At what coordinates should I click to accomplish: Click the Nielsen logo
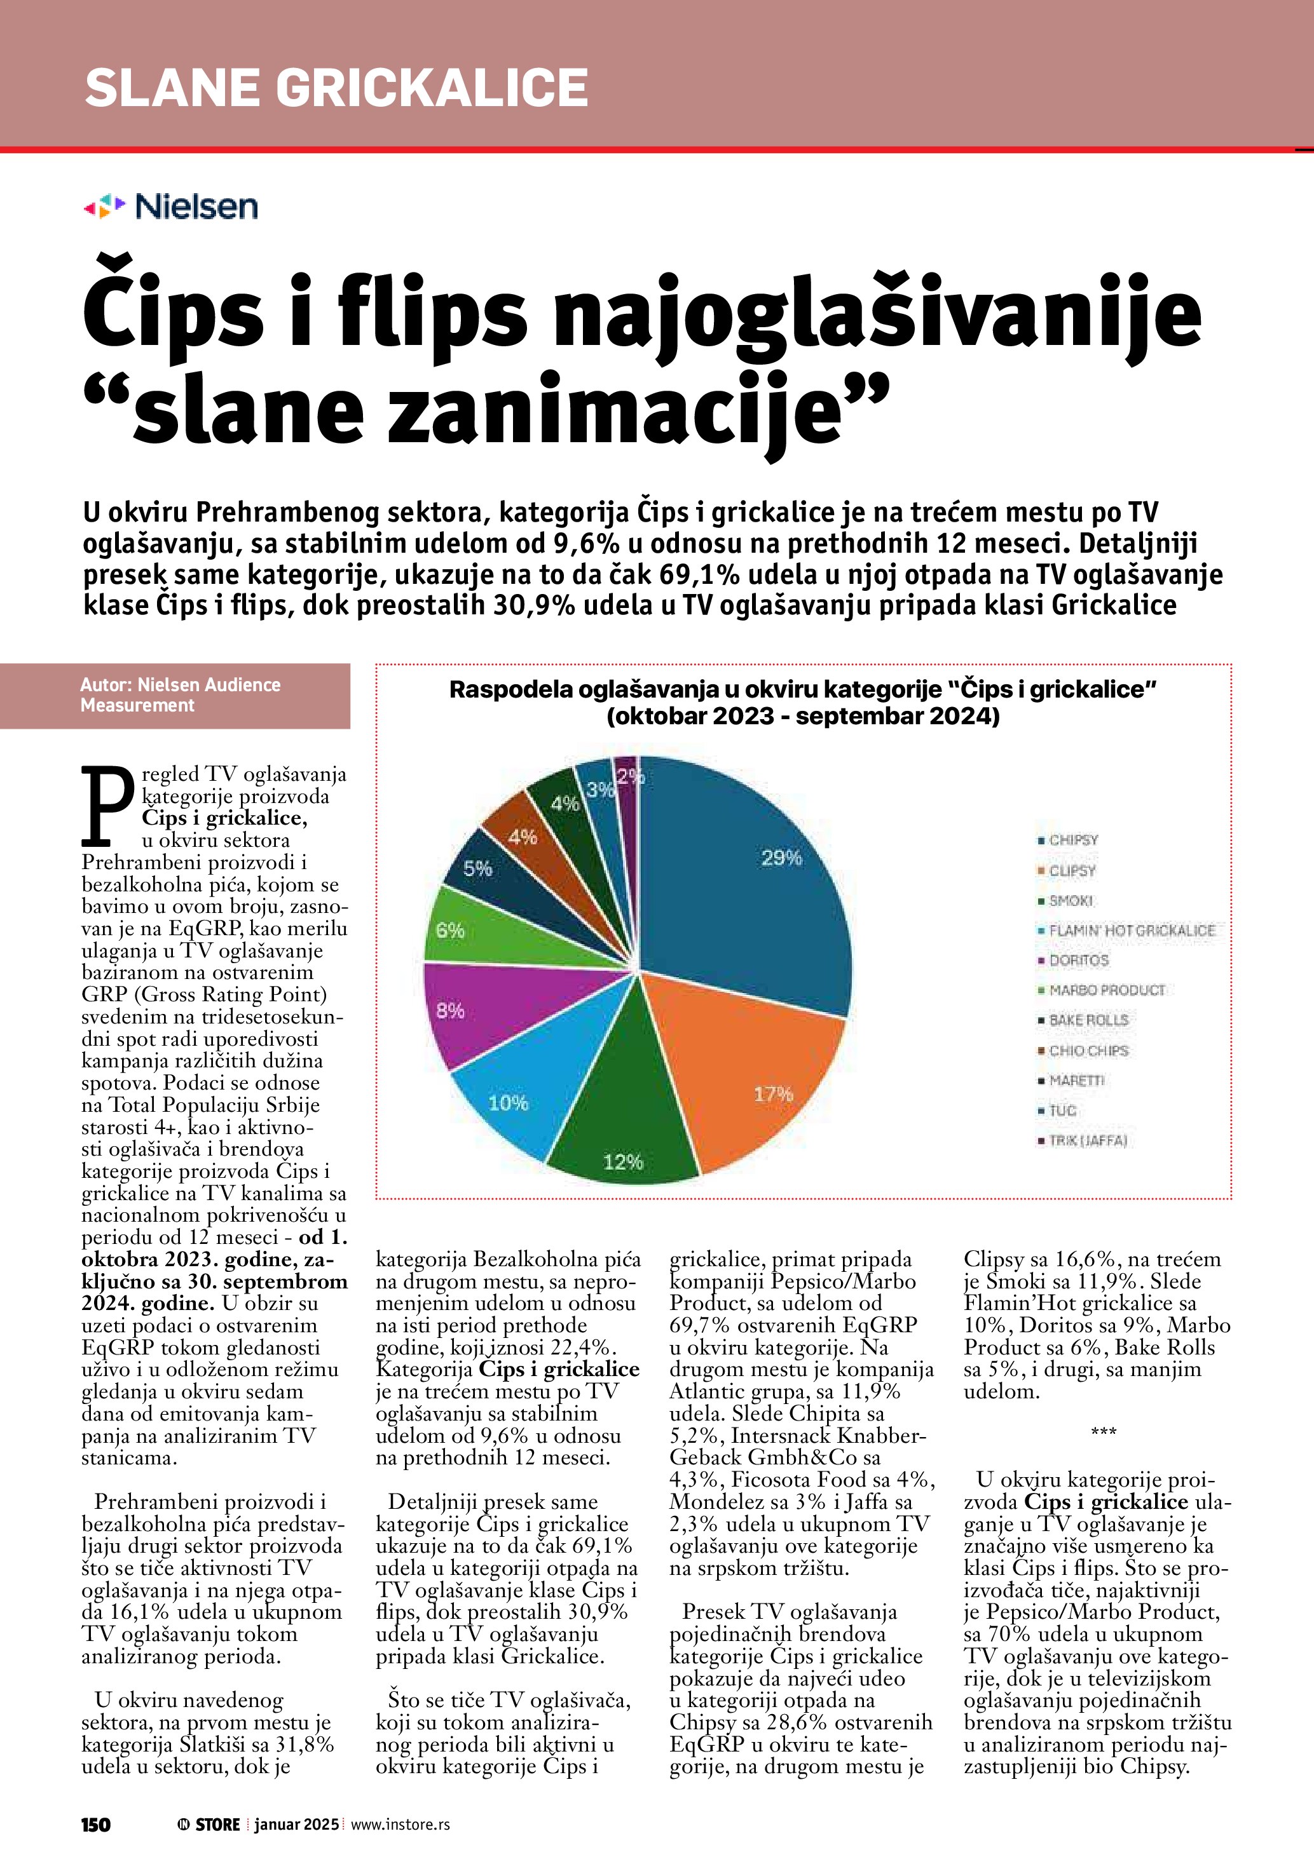coord(171,207)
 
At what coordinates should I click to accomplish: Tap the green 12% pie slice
coord(623,1132)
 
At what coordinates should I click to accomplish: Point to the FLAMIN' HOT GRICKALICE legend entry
coord(1131,931)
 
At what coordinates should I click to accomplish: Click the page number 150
coord(95,1824)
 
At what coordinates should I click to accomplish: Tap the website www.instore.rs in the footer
coord(400,1824)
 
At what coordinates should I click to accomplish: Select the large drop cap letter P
coord(107,805)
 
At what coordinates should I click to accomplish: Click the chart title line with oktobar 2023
coord(803,716)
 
